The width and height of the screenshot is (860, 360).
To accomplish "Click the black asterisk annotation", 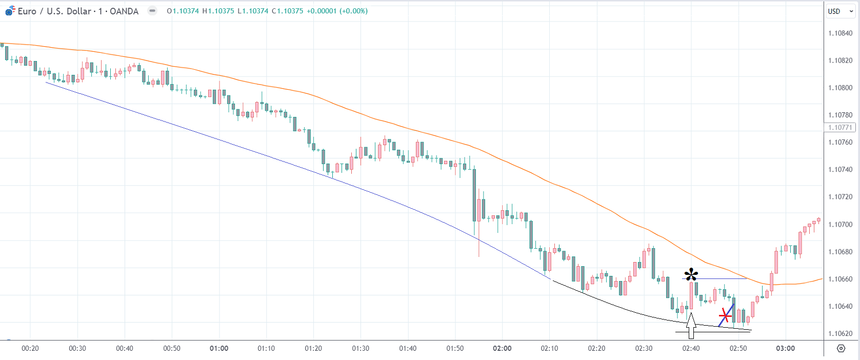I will click(691, 274).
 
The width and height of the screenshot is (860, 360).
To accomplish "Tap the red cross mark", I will click(725, 315).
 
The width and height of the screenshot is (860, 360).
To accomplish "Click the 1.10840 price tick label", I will click(840, 33).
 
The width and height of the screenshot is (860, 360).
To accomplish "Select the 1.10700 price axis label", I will click(840, 225).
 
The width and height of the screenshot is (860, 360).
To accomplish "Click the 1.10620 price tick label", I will click(840, 334).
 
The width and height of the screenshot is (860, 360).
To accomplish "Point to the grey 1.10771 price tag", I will click(839, 128).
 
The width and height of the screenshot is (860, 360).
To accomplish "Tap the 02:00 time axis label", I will click(502, 349).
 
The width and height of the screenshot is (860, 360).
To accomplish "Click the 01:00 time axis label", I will click(219, 349).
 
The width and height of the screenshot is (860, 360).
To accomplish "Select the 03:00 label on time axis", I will click(785, 349).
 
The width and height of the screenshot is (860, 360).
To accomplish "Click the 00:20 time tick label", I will click(30, 349).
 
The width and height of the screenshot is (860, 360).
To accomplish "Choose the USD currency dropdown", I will click(840, 11).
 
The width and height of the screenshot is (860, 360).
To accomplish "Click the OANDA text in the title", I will click(124, 11).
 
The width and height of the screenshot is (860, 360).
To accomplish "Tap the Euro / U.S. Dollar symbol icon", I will click(10, 11).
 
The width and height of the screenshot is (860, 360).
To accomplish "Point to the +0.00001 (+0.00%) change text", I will click(337, 11).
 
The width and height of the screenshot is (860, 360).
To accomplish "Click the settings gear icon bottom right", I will click(841, 349).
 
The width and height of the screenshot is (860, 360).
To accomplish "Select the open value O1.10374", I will click(183, 11).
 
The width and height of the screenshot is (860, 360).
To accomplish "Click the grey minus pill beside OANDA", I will click(152, 11).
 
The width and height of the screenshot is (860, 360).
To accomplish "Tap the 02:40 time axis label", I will click(691, 349).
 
